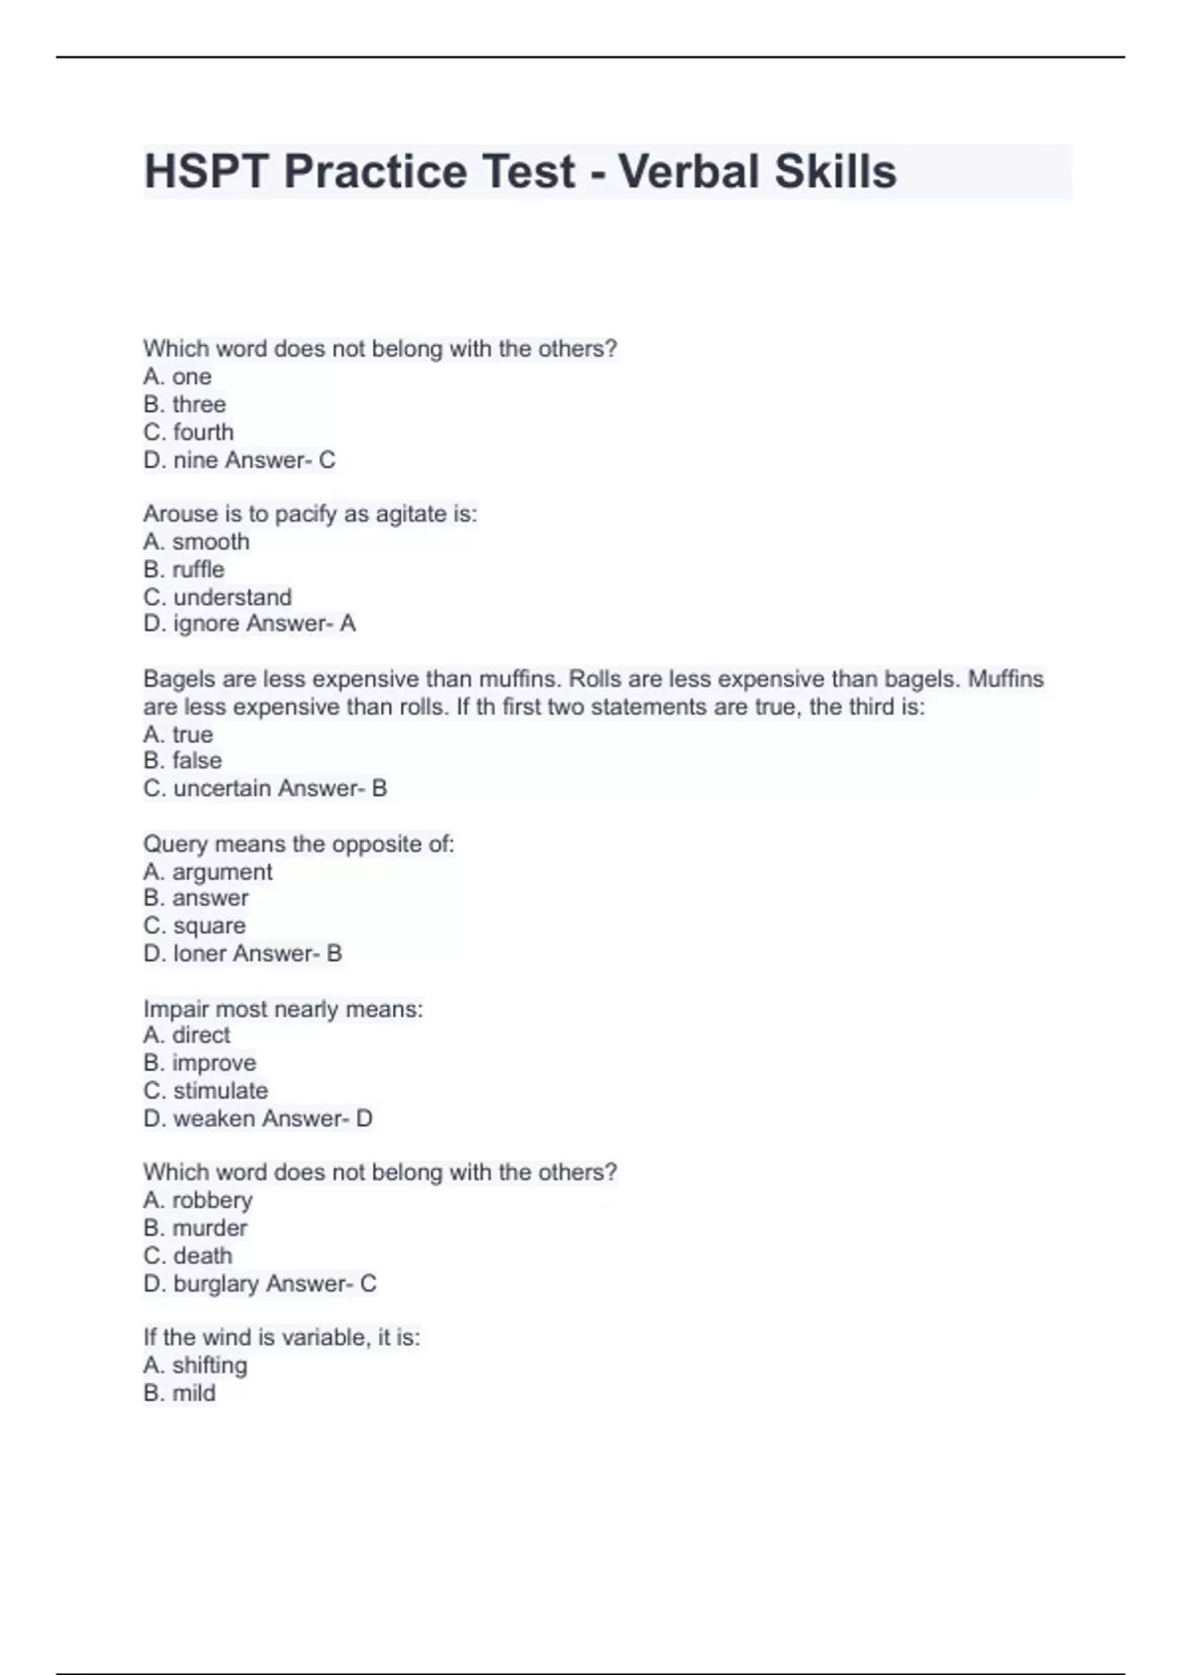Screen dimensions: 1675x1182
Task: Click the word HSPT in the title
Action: click(206, 171)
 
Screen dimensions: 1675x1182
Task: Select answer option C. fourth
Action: click(188, 433)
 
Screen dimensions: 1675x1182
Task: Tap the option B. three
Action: click(184, 405)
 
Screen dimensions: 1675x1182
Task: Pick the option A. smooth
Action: click(196, 542)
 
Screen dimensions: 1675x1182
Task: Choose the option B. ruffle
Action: click(183, 569)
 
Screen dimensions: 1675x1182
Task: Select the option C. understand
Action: click(217, 597)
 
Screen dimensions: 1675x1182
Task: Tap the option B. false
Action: click(182, 761)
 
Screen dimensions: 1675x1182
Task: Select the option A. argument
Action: click(207, 872)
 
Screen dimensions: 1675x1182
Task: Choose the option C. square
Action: click(194, 926)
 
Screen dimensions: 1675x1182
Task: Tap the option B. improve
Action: click(199, 1063)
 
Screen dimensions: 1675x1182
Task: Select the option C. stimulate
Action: click(205, 1091)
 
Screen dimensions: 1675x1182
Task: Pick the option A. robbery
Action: click(197, 1200)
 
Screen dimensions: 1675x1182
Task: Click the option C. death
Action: click(187, 1256)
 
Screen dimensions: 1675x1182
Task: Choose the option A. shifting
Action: click(195, 1366)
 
